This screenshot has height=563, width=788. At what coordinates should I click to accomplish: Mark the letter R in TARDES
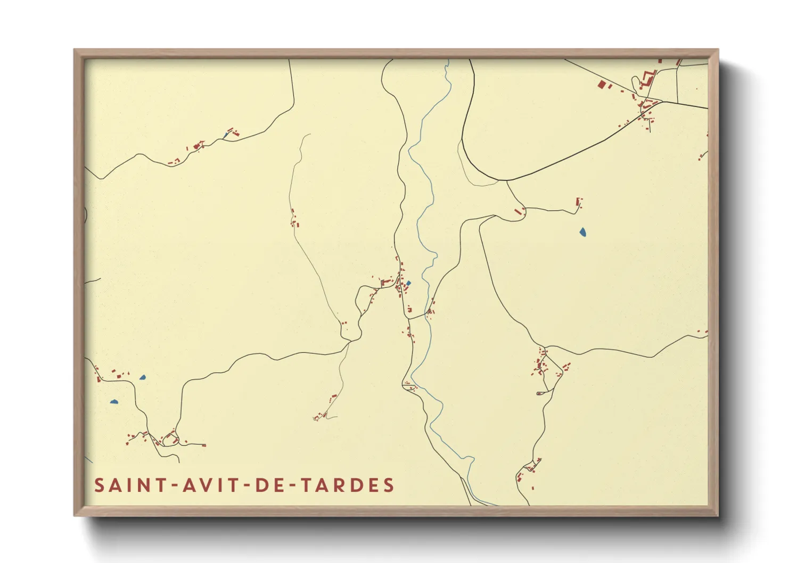(345, 485)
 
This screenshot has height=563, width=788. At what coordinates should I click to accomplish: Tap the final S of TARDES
(389, 485)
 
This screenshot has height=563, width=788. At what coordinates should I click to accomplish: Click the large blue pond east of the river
(582, 232)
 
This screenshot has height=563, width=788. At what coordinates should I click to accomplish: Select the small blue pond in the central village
(408, 283)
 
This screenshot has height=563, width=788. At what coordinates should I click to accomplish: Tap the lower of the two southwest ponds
(114, 402)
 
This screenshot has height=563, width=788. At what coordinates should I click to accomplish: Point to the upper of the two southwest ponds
(142, 377)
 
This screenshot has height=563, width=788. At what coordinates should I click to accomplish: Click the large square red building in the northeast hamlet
(602, 84)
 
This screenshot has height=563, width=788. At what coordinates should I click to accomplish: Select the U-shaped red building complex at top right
(649, 78)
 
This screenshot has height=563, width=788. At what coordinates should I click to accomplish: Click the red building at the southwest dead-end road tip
(204, 445)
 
